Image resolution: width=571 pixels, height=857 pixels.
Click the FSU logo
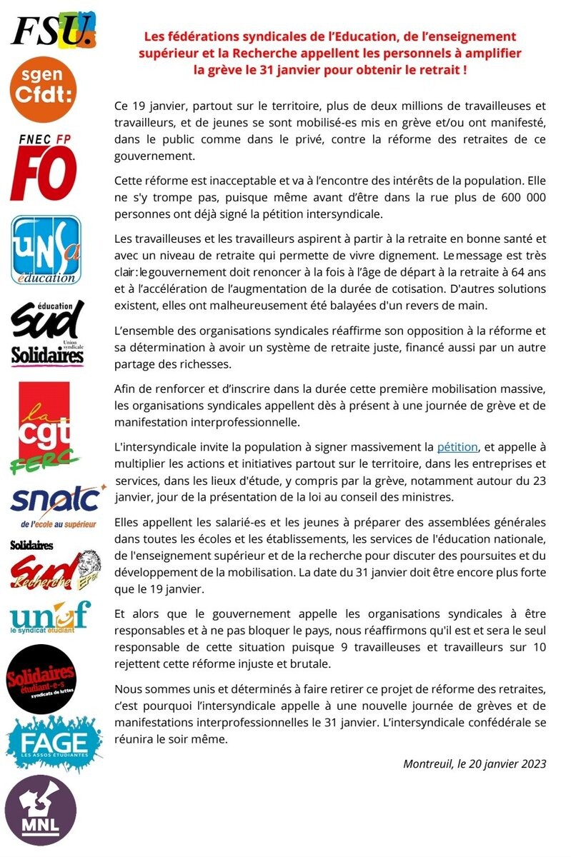[53, 30]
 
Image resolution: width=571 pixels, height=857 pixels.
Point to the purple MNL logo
[41, 811]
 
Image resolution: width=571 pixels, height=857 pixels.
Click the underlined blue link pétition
[457, 447]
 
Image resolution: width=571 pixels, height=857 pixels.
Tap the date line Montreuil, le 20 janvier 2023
[475, 763]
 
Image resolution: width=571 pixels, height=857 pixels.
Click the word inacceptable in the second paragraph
[237, 184]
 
